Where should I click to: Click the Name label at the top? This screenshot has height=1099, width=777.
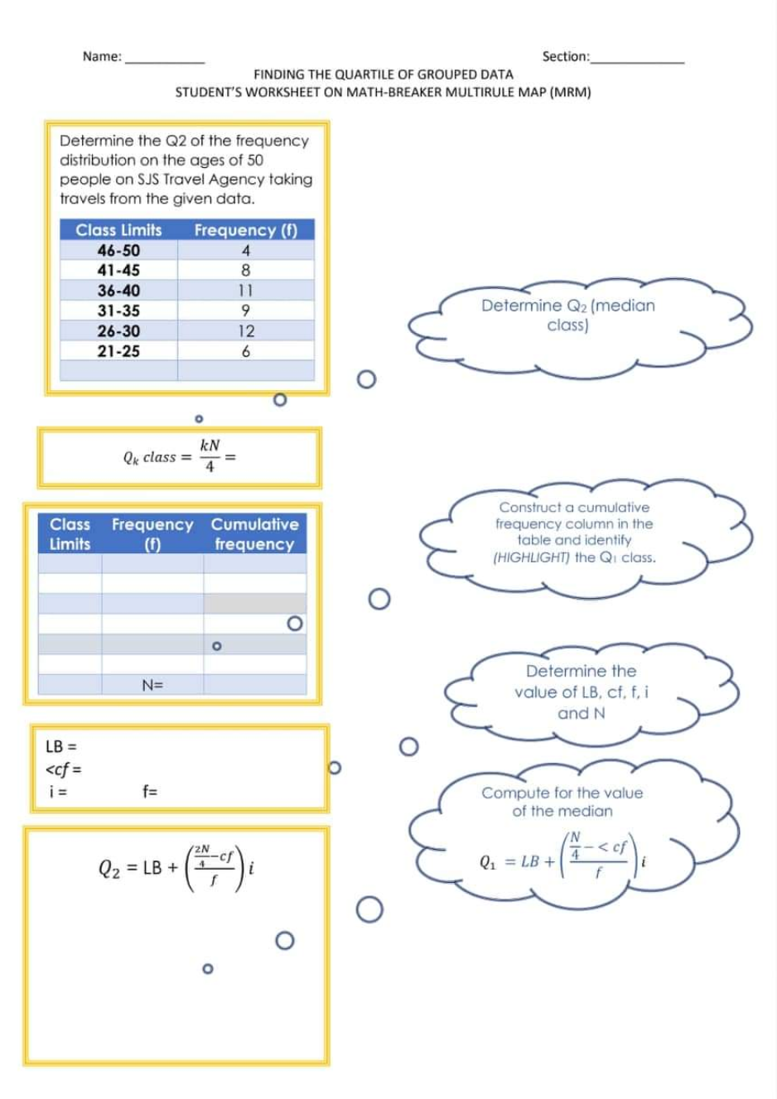101,56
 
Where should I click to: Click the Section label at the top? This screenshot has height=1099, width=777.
565,56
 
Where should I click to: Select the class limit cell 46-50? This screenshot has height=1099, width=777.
118,250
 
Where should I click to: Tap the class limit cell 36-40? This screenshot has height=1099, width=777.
118,291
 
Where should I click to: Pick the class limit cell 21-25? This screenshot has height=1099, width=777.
118,351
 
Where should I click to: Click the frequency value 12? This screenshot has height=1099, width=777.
246,331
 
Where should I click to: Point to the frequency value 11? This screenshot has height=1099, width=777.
246,291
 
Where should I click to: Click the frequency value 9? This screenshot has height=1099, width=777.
246,311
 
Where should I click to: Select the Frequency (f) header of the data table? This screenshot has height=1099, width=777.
245,230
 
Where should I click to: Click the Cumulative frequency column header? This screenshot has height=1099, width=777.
254,533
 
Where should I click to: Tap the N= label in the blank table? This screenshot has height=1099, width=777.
152,685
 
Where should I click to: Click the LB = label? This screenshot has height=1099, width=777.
61,746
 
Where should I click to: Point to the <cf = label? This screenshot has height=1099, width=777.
63,769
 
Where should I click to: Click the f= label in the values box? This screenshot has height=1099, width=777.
150,791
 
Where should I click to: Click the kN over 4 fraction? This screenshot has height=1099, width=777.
210,456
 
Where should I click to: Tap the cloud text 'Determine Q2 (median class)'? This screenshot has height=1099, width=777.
567,315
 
